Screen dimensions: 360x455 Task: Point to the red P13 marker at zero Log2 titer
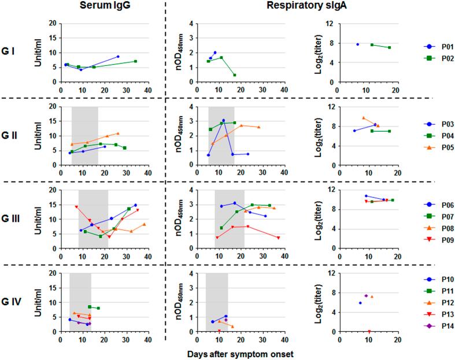[x=369, y=332]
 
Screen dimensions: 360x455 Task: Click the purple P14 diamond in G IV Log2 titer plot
[x=366, y=296]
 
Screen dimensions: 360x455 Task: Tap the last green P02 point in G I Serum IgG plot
[x=135, y=61]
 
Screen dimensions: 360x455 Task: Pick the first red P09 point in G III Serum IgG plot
[x=76, y=206]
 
